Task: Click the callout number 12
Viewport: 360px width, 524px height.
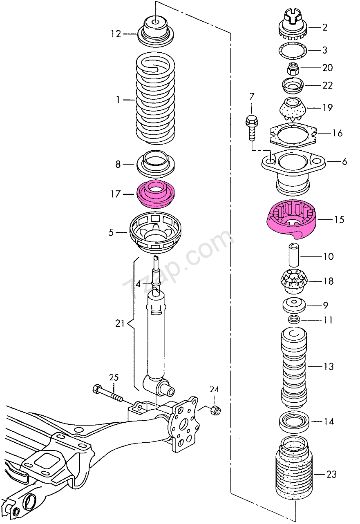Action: (x=116, y=34)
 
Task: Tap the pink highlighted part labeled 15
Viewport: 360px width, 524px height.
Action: (x=291, y=219)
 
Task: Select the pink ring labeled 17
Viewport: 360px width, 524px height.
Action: (x=157, y=194)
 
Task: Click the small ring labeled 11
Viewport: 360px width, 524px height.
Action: (x=294, y=319)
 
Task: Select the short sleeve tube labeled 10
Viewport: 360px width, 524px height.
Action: (x=294, y=255)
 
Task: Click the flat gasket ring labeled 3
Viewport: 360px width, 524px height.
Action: (x=293, y=50)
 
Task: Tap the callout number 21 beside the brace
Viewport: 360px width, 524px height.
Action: (x=120, y=323)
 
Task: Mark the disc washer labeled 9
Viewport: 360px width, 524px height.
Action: (x=294, y=305)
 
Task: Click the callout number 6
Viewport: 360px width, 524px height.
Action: (x=344, y=161)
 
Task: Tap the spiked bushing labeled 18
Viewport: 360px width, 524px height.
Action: (x=293, y=282)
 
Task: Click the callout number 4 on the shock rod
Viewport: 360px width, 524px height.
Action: (x=138, y=284)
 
